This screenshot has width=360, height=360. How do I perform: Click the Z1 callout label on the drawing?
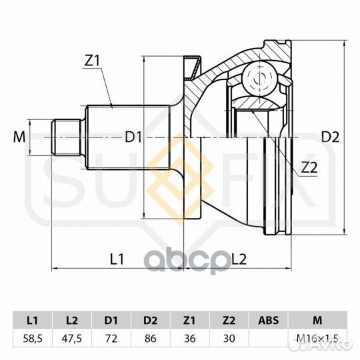[x=92, y=61]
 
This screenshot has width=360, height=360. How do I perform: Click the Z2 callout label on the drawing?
[x=309, y=167]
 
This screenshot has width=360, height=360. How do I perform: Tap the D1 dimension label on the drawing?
[x=133, y=137]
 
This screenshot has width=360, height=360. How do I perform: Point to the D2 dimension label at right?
[x=330, y=137]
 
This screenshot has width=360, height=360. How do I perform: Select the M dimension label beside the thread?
[x=19, y=137]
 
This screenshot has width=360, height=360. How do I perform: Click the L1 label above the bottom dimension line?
[x=117, y=259]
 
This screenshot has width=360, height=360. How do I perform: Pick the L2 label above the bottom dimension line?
[x=239, y=259]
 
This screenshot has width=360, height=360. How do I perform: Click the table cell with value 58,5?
[x=33, y=339]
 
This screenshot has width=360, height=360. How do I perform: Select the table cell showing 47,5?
[x=72, y=339]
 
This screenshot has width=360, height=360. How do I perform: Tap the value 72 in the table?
[x=111, y=339]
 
